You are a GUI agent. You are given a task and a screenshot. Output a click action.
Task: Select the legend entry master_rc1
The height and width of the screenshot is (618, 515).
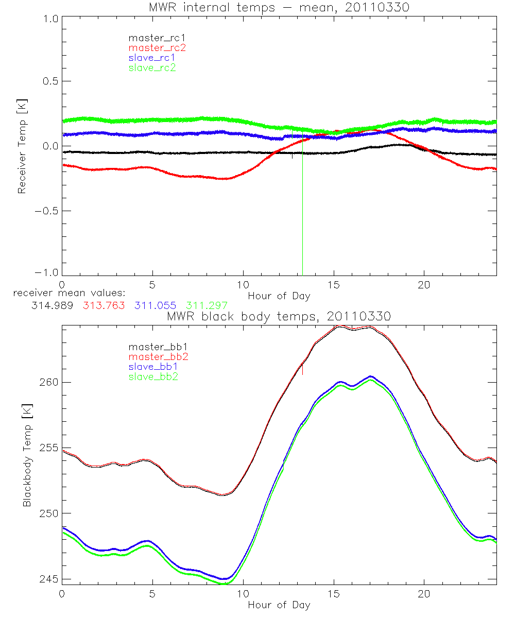point(152,38)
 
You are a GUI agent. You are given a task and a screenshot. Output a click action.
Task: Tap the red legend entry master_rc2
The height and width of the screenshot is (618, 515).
point(157,48)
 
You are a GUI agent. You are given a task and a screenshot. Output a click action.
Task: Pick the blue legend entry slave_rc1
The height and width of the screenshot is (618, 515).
point(152,58)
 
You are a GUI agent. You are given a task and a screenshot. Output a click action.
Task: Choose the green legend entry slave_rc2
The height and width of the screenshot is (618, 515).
point(152,67)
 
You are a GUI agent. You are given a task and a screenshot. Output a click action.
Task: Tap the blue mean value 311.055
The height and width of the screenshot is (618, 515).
point(155,305)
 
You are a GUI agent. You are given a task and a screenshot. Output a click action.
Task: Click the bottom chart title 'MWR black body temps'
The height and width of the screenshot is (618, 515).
point(279,316)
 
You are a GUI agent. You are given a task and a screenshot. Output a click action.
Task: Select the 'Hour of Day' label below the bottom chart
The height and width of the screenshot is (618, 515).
point(279,605)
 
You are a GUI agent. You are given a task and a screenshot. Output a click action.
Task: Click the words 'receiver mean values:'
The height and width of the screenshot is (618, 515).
point(65,293)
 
